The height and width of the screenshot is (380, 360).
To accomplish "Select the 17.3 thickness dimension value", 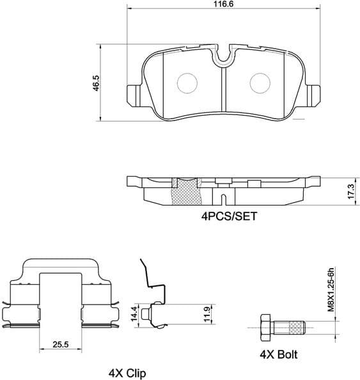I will (x=350, y=191).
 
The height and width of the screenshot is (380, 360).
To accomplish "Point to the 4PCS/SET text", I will (x=229, y=216).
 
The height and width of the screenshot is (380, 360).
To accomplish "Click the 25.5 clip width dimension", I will (x=61, y=345).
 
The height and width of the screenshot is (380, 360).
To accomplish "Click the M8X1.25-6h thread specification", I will (x=331, y=289).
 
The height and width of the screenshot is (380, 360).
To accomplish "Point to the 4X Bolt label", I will (x=278, y=354).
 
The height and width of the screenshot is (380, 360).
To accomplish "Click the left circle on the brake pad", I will (x=187, y=82).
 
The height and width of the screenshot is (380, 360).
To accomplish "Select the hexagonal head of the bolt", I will (x=265, y=328).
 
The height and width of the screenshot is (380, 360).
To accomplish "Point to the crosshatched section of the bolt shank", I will (x=295, y=328).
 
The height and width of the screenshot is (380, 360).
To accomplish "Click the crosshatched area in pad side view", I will (x=187, y=191).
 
